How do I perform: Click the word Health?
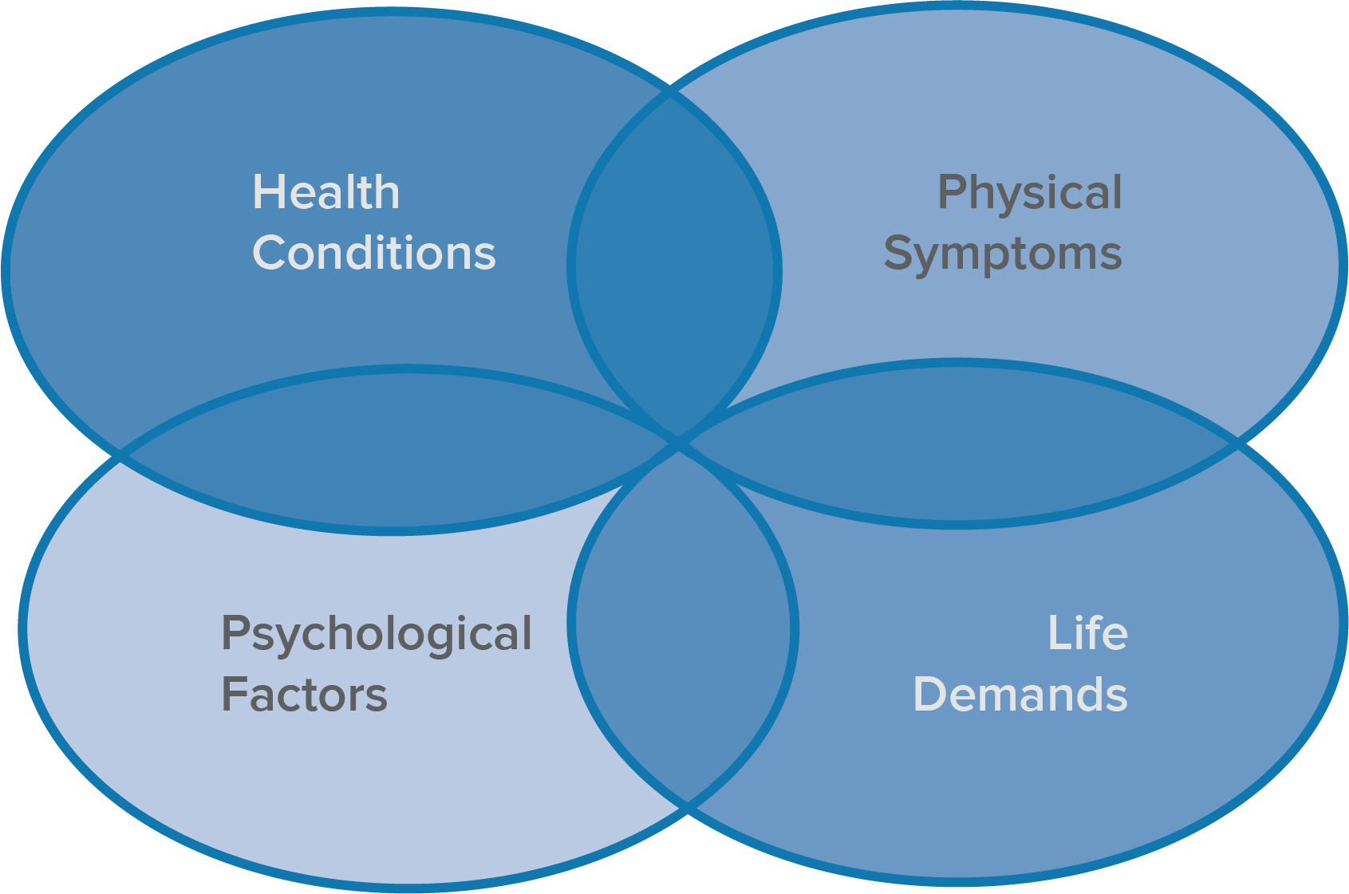tap(326, 192)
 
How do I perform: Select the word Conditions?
tap(374, 253)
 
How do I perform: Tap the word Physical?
tap(1029, 194)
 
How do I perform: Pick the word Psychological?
tap(376, 635)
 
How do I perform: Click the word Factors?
tap(304, 695)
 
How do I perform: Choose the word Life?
tap(1087, 633)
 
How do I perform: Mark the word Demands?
tap(1020, 694)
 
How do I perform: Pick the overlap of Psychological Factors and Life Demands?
tap(682, 626)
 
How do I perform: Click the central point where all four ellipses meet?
tap(679, 443)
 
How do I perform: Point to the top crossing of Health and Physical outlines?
tap(673, 92)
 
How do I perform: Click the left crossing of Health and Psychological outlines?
tap(121, 456)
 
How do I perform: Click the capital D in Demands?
tap(929, 694)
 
